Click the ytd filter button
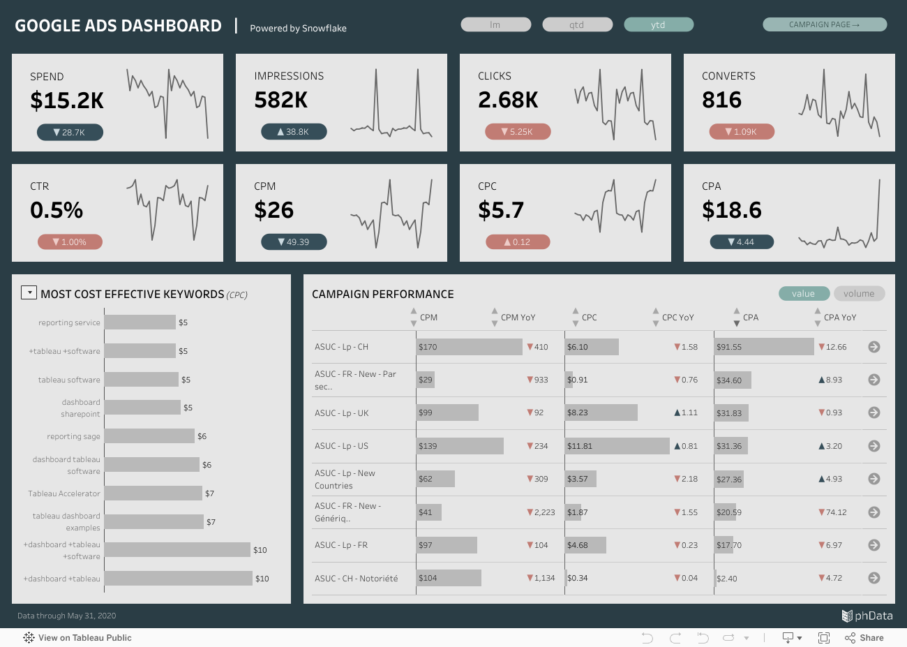point(658,25)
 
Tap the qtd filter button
point(577,25)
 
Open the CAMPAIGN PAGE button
point(824,25)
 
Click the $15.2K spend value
point(67,101)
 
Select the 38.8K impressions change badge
point(294,131)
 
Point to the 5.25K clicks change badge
point(518,131)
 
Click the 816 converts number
point(721,101)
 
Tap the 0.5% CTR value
point(57,210)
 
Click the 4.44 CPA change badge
point(742,241)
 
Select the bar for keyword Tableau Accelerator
point(153,493)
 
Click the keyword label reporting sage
point(73,436)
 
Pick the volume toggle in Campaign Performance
point(859,294)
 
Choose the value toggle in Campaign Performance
point(804,294)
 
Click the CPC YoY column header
point(677,318)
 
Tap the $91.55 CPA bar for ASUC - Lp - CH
point(764,347)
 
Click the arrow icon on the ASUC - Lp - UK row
point(874,412)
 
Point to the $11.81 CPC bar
point(617,446)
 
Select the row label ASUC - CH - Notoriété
point(356,579)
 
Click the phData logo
point(867,616)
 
